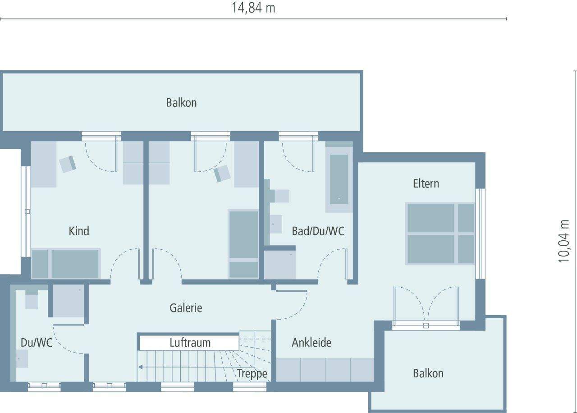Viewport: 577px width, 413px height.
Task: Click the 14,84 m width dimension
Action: pyautogui.click(x=253, y=8)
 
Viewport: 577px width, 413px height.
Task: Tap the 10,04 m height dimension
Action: pyautogui.click(x=564, y=241)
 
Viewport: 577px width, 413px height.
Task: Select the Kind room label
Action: pyautogui.click(x=79, y=231)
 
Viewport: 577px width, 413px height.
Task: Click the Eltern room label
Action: pyautogui.click(x=426, y=184)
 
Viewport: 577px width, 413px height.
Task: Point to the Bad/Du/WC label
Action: pyautogui.click(x=318, y=231)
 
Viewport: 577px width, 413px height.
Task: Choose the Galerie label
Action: pyautogui.click(x=186, y=308)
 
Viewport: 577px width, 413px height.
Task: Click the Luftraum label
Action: pyautogui.click(x=190, y=343)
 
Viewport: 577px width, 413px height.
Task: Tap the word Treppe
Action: pyautogui.click(x=252, y=373)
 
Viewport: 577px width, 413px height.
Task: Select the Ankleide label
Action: pyautogui.click(x=311, y=343)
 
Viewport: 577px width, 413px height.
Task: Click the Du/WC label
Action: pyautogui.click(x=37, y=343)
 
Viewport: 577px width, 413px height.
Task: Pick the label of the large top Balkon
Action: pyautogui.click(x=181, y=103)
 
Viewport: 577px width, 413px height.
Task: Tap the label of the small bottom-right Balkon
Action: pyautogui.click(x=428, y=373)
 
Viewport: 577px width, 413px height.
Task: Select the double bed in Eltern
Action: pyautogui.click(x=440, y=234)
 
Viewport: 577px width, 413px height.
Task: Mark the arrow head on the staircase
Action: pyautogui.click(x=140, y=367)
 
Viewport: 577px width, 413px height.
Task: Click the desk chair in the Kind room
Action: pyautogui.click(x=68, y=164)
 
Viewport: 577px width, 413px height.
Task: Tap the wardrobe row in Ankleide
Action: pyautogui.click(x=325, y=370)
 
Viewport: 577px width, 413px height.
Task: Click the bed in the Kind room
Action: pyautogui.click(x=66, y=263)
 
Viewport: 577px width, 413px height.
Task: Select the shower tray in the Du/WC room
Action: pyautogui.click(x=69, y=301)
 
